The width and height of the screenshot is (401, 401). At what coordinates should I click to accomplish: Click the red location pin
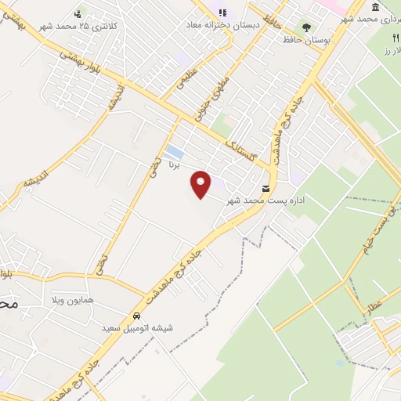pyautogui.click(x=201, y=184)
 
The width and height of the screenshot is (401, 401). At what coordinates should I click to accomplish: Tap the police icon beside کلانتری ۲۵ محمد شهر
pyautogui.click(x=78, y=13)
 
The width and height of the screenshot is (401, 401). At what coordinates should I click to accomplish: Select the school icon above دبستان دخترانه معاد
pyautogui.click(x=222, y=13)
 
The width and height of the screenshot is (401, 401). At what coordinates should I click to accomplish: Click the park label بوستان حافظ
pyautogui.click(x=304, y=38)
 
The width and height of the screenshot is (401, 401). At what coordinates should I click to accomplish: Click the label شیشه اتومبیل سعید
pyautogui.click(x=136, y=327)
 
